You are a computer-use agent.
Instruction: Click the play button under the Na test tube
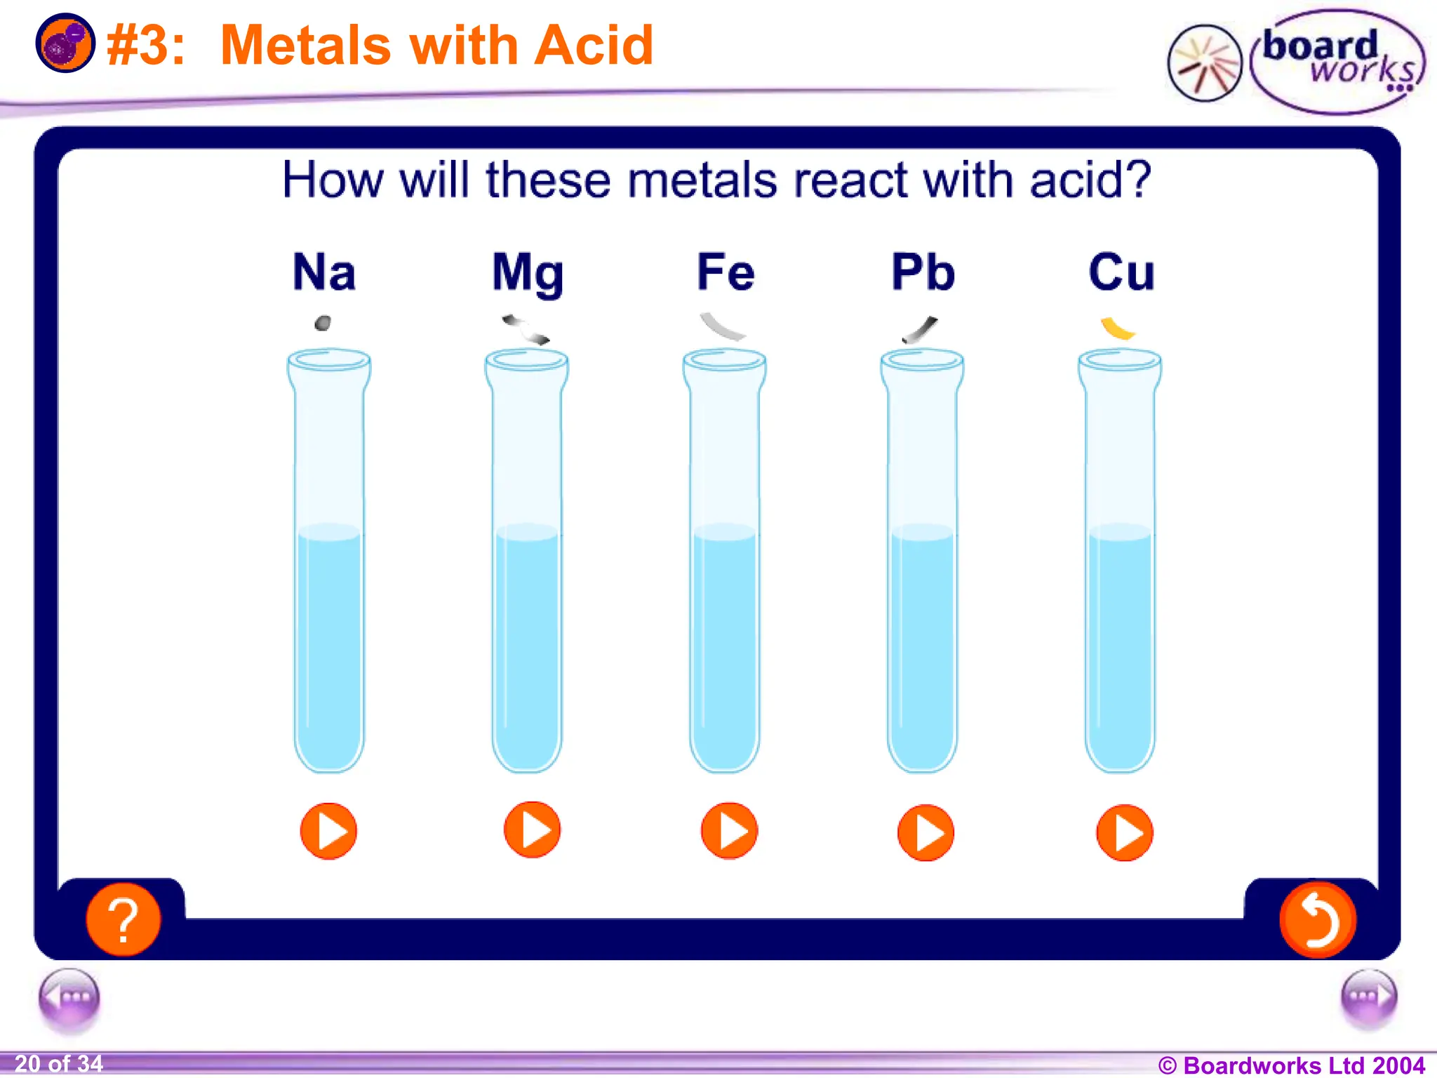[328, 831]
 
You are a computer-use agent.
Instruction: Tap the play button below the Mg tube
[532, 830]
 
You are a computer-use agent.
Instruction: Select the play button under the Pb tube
[925, 832]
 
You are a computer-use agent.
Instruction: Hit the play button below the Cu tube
[1124, 832]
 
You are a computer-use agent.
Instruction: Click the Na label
[324, 272]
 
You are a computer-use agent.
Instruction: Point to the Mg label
[528, 274]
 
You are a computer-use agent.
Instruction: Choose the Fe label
[726, 272]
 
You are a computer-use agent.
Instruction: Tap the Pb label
[923, 272]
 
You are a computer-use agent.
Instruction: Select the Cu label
[1121, 272]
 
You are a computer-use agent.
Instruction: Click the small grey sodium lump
[323, 324]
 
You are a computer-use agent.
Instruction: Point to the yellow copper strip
[1117, 328]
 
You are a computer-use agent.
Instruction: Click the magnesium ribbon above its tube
[526, 329]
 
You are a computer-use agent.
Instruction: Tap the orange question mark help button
[123, 919]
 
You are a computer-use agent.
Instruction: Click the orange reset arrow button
[1317, 919]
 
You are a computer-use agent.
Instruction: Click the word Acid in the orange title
[594, 46]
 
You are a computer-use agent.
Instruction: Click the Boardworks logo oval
[1337, 62]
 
